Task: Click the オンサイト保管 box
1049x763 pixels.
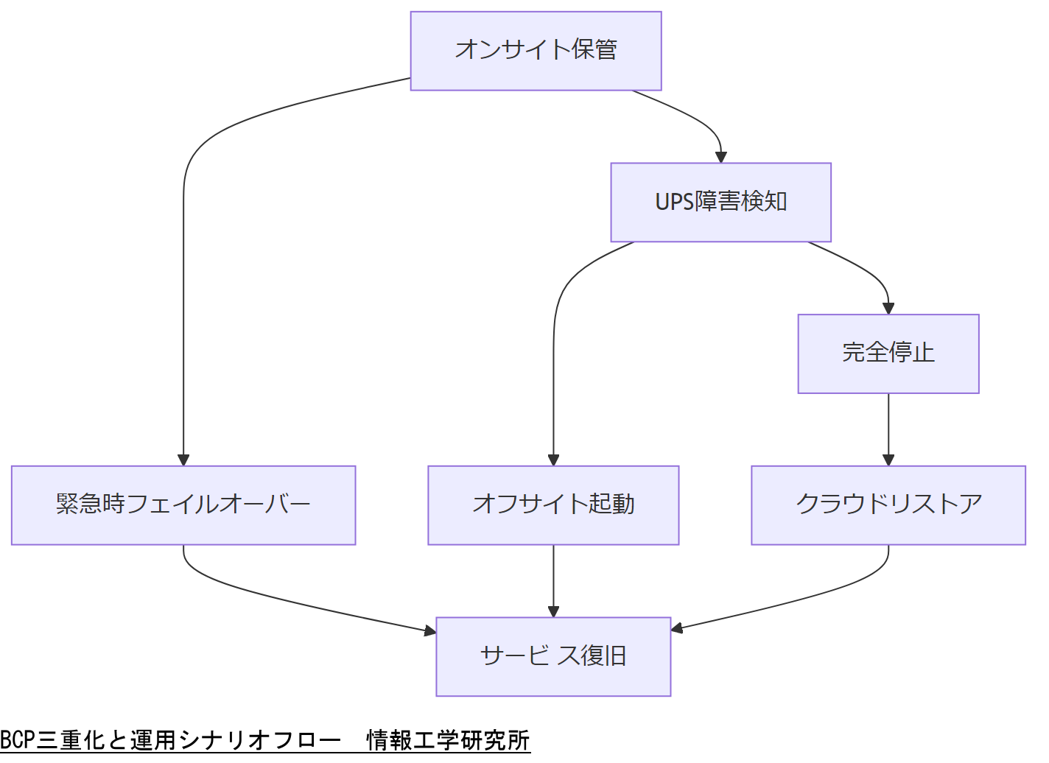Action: pyautogui.click(x=536, y=51)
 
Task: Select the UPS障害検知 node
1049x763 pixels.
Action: pyautogui.click(x=720, y=202)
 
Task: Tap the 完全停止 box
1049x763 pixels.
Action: pyautogui.click(x=888, y=354)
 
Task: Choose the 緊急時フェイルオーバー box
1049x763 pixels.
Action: pyautogui.click(x=183, y=505)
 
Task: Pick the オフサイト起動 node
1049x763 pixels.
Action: pyautogui.click(x=553, y=505)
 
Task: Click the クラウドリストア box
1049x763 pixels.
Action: pyautogui.click(x=888, y=505)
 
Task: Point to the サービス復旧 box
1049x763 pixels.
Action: pyautogui.click(x=553, y=656)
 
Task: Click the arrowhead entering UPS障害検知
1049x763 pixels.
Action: pyautogui.click(x=720, y=157)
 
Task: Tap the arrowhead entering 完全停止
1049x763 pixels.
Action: pyautogui.click(x=888, y=309)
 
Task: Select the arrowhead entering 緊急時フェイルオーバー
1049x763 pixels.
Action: pyautogui.click(x=183, y=460)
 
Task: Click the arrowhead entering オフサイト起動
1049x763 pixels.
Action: pyautogui.click(x=553, y=460)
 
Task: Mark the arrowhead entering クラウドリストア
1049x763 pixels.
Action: pyautogui.click(x=888, y=460)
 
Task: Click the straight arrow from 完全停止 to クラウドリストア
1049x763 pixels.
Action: pyautogui.click(x=888, y=427)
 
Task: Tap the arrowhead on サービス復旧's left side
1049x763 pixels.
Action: pyautogui.click(x=430, y=630)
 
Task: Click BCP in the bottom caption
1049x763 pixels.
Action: pyautogui.click(x=18, y=739)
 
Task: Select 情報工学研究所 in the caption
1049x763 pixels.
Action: pyautogui.click(x=448, y=739)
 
